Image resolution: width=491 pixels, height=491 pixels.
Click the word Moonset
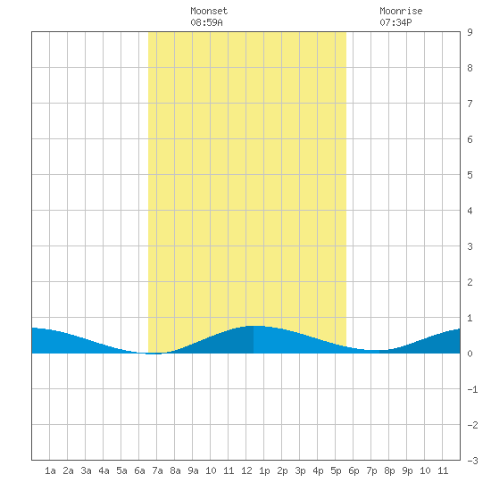(209, 11)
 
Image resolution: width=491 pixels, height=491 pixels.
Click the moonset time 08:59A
(207, 22)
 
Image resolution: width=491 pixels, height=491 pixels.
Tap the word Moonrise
(401, 11)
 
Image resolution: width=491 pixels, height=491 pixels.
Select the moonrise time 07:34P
(395, 22)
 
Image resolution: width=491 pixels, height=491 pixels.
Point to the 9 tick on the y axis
(470, 32)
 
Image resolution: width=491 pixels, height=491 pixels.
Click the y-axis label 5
(470, 175)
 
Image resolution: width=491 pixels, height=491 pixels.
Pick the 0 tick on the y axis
(470, 354)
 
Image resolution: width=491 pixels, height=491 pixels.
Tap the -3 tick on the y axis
(472, 461)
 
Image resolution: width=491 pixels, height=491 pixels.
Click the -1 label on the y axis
(472, 389)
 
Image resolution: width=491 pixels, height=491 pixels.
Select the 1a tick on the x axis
(50, 470)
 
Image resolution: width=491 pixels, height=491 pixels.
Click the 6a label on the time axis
(139, 470)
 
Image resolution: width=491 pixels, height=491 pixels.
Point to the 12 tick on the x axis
(246, 470)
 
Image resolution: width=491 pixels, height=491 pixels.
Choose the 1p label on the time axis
(264, 470)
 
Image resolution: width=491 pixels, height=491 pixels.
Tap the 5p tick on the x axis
(336, 470)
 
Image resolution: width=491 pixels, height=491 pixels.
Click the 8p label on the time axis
(389, 470)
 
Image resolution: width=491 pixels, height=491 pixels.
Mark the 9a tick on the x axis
(193, 470)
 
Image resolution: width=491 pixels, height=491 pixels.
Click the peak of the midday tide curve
(254, 326)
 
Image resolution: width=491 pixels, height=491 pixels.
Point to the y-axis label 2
(470, 282)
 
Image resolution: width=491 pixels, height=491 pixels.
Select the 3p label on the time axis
(300, 470)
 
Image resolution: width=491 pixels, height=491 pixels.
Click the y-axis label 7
(470, 104)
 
